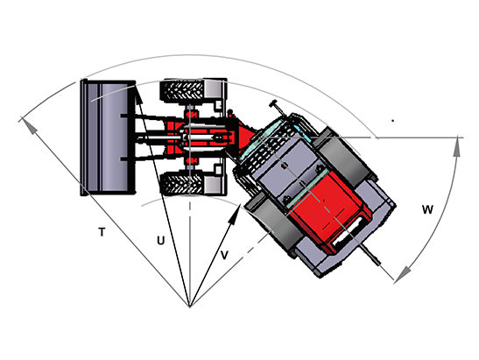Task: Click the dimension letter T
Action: tap(102, 232)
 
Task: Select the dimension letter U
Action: tap(160, 241)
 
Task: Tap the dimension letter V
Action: tap(224, 255)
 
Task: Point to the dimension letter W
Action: tap(427, 209)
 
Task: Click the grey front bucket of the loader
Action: tap(107, 138)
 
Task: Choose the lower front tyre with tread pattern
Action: tap(183, 184)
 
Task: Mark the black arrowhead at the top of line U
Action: tap(137, 94)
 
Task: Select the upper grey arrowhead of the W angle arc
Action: tap(457, 146)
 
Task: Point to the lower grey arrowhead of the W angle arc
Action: tap(403, 274)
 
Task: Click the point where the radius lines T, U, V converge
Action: tap(190, 307)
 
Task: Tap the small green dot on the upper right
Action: tap(393, 121)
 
